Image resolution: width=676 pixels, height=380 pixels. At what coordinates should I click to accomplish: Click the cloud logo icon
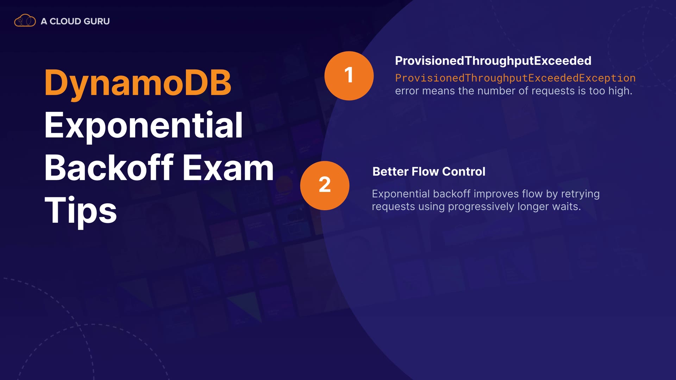25,21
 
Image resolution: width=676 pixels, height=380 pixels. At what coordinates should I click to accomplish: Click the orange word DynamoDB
138,83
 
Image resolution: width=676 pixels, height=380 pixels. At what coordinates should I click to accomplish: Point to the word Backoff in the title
109,168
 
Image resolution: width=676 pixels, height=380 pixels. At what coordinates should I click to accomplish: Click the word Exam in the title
228,168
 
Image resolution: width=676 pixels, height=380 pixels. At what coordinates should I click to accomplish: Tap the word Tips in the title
81,210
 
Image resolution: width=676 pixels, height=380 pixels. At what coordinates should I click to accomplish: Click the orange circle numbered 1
349,76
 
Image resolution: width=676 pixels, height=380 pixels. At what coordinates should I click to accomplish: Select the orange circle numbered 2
325,185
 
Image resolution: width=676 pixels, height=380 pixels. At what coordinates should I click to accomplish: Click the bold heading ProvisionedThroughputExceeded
493,61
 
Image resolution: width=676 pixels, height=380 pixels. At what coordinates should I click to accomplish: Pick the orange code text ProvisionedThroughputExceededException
515,78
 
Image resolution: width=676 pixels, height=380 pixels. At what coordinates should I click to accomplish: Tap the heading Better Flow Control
429,171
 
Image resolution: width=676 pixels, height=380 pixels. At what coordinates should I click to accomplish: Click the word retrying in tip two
580,194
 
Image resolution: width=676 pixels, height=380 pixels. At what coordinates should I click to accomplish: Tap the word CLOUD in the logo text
65,21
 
